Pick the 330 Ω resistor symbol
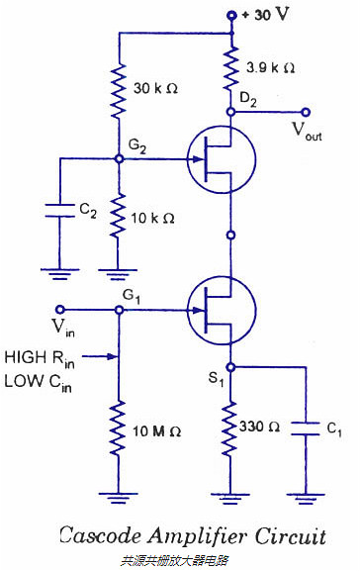[230, 428]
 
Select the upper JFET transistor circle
[222, 160]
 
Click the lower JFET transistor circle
[222, 310]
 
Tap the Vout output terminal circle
[306, 113]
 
